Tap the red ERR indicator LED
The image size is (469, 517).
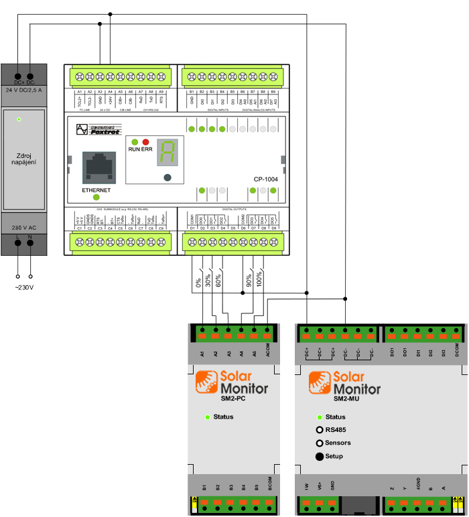click(145, 142)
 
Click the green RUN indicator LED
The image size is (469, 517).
click(135, 142)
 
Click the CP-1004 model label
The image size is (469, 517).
click(265, 179)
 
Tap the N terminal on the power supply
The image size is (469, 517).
click(30, 245)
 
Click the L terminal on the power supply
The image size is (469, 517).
click(18, 245)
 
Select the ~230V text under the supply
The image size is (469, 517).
click(24, 287)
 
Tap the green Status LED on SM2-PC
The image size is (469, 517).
click(208, 417)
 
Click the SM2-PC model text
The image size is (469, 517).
click(234, 400)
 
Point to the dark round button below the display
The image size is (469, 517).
click(167, 177)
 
